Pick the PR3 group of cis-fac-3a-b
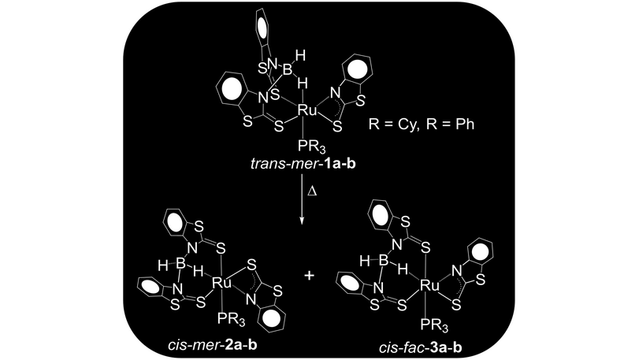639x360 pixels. [x=430, y=323]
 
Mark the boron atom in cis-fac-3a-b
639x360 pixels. [x=386, y=260]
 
